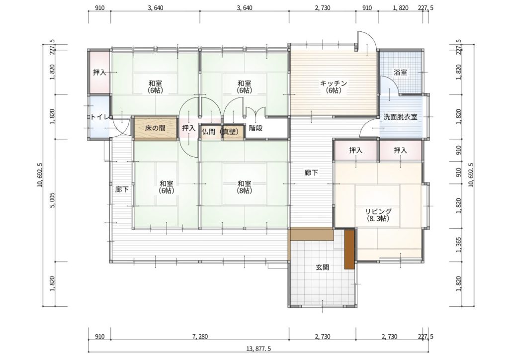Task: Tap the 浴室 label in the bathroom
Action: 400,73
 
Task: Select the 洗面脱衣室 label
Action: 400,117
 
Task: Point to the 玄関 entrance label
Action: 323,268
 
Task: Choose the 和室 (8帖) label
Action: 244,187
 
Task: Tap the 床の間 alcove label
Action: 155,128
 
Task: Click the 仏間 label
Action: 208,131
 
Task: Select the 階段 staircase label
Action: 255,128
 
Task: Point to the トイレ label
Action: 99,117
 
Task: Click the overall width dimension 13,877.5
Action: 258,349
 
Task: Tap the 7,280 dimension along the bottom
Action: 200,337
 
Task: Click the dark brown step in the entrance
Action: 349,249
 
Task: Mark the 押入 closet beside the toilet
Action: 99,72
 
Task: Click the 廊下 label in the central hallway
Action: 311,173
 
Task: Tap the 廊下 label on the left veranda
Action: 122,189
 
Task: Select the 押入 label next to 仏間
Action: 188,128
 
